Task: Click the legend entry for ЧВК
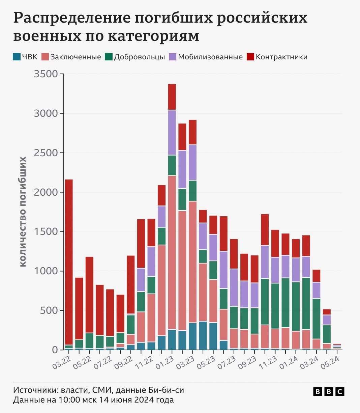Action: pos(25,57)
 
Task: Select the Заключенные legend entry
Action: pos(71,57)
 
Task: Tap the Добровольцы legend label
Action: pos(135,57)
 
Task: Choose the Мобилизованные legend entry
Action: pos(206,57)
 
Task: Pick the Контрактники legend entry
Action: pos(277,57)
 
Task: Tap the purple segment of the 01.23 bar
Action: pos(172,133)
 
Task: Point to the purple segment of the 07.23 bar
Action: pos(234,287)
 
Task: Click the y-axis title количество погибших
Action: pos(23,212)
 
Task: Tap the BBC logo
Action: pos(329,391)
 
